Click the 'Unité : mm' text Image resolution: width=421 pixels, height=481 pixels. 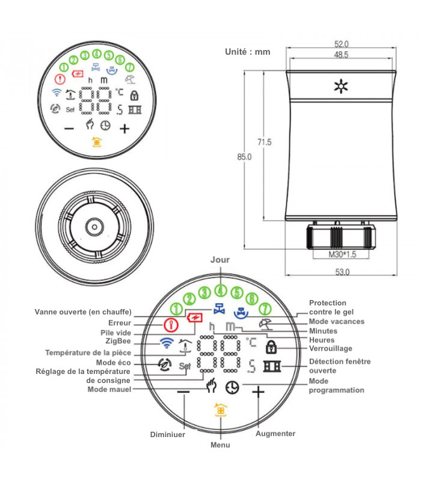247,52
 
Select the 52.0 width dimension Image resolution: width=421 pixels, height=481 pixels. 342,44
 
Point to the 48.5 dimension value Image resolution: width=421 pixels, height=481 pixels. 342,55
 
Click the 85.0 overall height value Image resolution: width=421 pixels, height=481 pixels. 244,157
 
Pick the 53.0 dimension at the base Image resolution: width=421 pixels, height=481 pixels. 342,272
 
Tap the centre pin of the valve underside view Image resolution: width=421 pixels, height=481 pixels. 94,227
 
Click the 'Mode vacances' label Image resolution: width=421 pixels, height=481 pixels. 336,321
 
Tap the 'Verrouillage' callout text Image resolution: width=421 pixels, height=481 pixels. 331,348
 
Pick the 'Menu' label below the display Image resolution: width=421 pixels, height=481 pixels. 220,445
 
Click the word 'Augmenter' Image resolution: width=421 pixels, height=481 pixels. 275,434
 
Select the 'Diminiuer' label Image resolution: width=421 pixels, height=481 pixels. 168,434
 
